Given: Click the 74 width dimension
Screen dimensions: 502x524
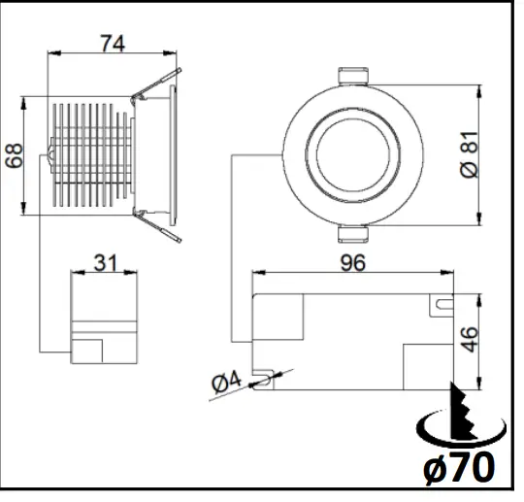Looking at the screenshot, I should point(112,43).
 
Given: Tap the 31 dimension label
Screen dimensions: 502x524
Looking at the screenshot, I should point(105,262).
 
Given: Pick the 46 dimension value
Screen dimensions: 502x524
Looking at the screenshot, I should point(471,340).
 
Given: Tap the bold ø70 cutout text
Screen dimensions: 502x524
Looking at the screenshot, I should point(458,469).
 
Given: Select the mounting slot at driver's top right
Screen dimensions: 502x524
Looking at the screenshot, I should point(442,305).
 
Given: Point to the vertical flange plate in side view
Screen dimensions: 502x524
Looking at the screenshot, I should point(174,155).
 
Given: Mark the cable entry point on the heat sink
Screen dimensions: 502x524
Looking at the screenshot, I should point(49,152).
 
